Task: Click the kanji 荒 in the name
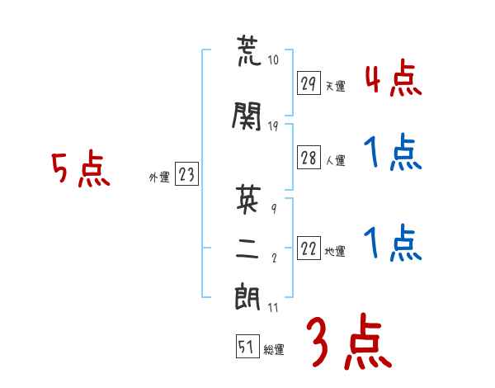(249, 50)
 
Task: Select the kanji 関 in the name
(247, 116)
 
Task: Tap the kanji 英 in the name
(248, 198)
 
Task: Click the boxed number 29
(309, 83)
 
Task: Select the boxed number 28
(309, 158)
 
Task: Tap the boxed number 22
(309, 248)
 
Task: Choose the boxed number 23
(186, 174)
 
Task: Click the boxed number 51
(247, 346)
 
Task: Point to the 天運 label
(336, 86)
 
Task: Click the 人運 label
(336, 160)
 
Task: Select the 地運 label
(335, 251)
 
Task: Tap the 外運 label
(159, 177)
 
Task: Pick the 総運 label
(274, 349)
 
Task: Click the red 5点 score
(81, 168)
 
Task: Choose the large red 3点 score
(349, 341)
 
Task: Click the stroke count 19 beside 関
(273, 126)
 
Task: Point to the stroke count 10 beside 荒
(273, 59)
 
